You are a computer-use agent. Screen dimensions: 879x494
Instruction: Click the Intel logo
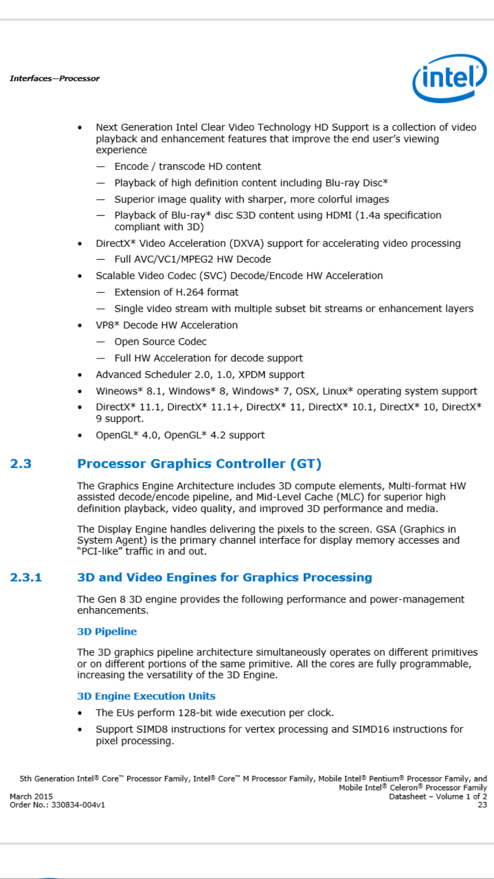[449, 78]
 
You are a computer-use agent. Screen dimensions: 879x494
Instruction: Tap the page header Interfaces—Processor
[54, 78]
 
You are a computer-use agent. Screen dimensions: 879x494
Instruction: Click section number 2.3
[21, 464]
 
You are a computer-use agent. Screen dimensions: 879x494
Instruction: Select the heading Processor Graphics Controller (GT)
[199, 464]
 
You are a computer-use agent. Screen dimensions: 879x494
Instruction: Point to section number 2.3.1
[26, 577]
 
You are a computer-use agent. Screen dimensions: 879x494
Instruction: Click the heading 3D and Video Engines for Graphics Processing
[224, 577]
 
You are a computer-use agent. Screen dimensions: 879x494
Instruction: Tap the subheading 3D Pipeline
[107, 631]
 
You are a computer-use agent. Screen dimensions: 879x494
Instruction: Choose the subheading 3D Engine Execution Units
[146, 696]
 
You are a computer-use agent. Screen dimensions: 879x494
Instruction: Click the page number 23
[482, 805]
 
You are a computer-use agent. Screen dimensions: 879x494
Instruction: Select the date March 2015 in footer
[31, 796]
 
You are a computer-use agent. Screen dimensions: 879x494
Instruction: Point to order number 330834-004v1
[78, 805]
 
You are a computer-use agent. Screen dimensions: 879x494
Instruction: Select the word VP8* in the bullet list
[107, 325]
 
